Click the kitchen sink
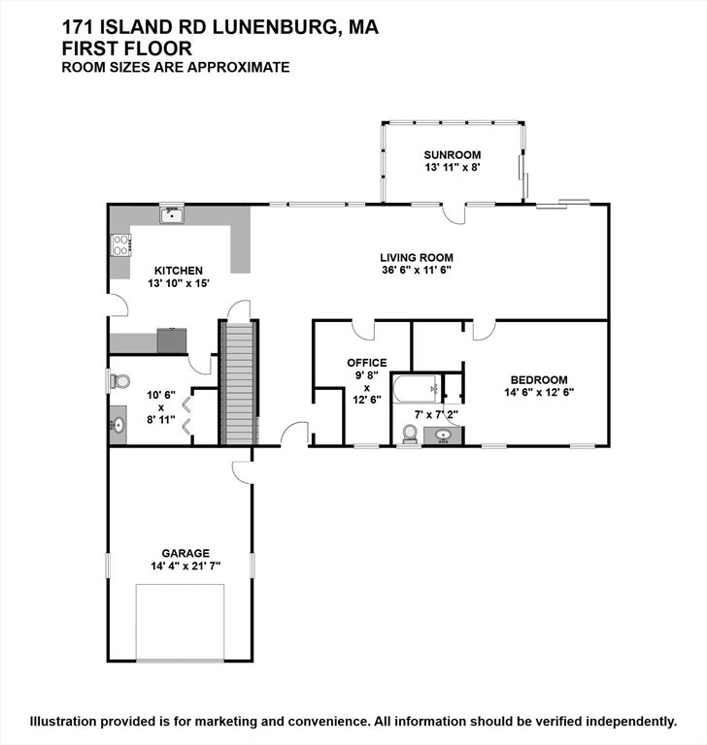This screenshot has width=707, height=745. coord(172,215)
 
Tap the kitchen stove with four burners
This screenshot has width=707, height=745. coord(120,245)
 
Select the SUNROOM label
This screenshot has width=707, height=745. coord(452,155)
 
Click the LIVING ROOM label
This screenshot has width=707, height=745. coord(417,257)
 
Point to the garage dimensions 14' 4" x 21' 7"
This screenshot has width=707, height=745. coord(185,566)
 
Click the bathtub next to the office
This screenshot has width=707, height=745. coord(416,389)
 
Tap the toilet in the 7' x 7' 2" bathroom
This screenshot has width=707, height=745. coord(410,434)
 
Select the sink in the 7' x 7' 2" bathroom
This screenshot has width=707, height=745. coord(444,436)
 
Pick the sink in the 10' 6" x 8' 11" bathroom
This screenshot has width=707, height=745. coord(118,425)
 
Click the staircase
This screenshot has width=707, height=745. coord(238,383)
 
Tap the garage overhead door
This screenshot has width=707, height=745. coord(180,622)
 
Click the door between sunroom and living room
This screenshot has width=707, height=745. coord(453,214)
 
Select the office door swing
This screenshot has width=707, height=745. coord(363,330)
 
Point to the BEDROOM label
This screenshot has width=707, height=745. coord(539,379)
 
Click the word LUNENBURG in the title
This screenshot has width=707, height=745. coord(274,27)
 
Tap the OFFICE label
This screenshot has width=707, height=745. coord(367,363)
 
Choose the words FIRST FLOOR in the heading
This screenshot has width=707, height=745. coord(127,49)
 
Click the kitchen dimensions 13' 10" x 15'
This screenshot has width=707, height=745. coord(179,283)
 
